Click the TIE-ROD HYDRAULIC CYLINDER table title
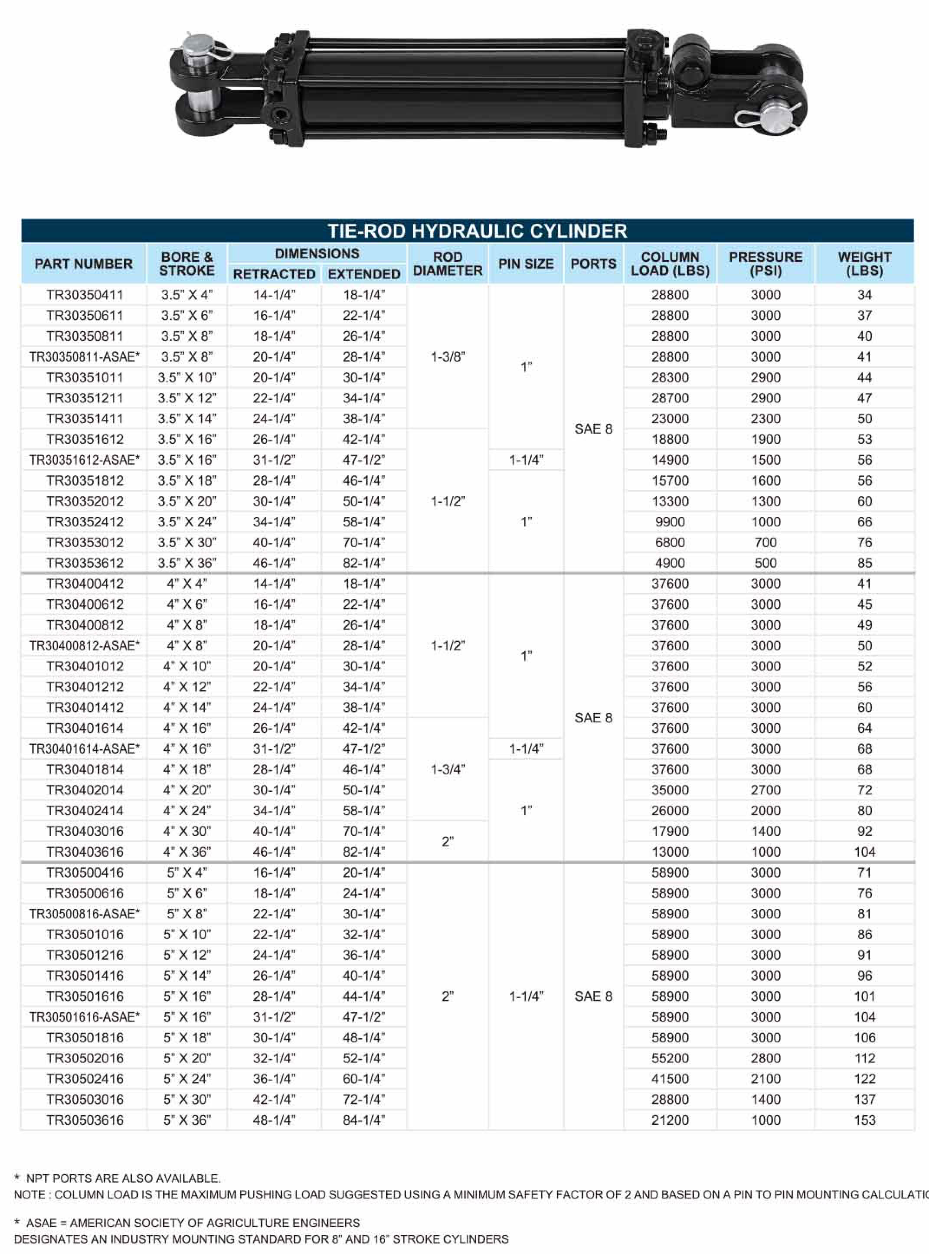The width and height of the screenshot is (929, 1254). (x=477, y=231)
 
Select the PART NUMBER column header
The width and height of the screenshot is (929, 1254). (x=83, y=264)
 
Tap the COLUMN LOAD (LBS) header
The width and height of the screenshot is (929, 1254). (x=670, y=264)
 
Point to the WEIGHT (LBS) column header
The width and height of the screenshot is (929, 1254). (x=864, y=264)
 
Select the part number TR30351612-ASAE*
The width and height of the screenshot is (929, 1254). (x=84, y=460)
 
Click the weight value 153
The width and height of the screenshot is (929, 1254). (x=864, y=1120)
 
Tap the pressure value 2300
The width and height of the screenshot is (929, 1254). (x=765, y=419)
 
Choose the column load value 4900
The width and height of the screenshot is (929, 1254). (x=670, y=563)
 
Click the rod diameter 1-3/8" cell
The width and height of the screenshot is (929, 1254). (x=448, y=357)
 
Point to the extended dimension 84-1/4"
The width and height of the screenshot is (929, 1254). (x=364, y=1120)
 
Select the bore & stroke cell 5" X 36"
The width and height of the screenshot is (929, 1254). (x=186, y=1120)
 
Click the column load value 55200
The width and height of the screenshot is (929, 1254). (x=670, y=1058)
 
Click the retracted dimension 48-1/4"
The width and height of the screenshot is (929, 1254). (x=274, y=1120)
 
